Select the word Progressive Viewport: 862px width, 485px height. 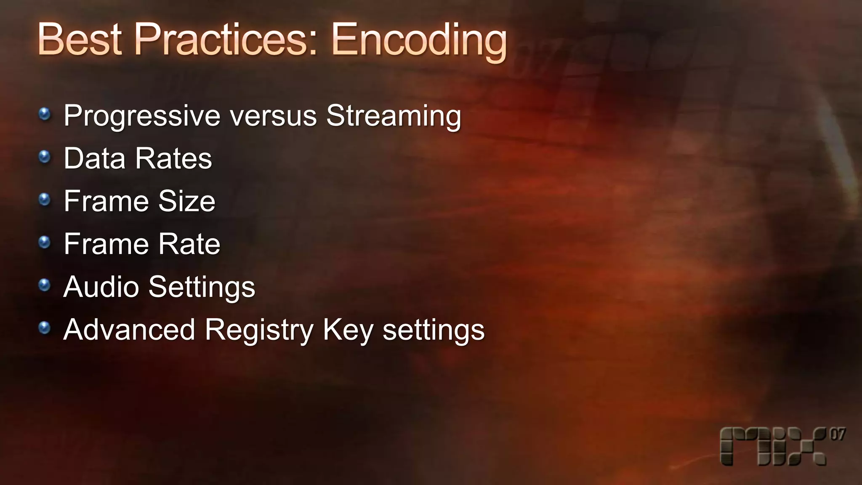[142, 116]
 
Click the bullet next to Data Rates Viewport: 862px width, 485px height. [44, 157]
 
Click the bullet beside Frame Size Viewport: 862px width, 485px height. [44, 200]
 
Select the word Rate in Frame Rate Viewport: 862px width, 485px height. [189, 244]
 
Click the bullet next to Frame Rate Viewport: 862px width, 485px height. [44, 242]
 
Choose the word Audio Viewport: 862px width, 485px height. [101, 287]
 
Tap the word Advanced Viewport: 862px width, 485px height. [129, 330]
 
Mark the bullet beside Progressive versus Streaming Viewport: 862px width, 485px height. [44, 114]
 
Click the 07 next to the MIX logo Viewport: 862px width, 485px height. [837, 434]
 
